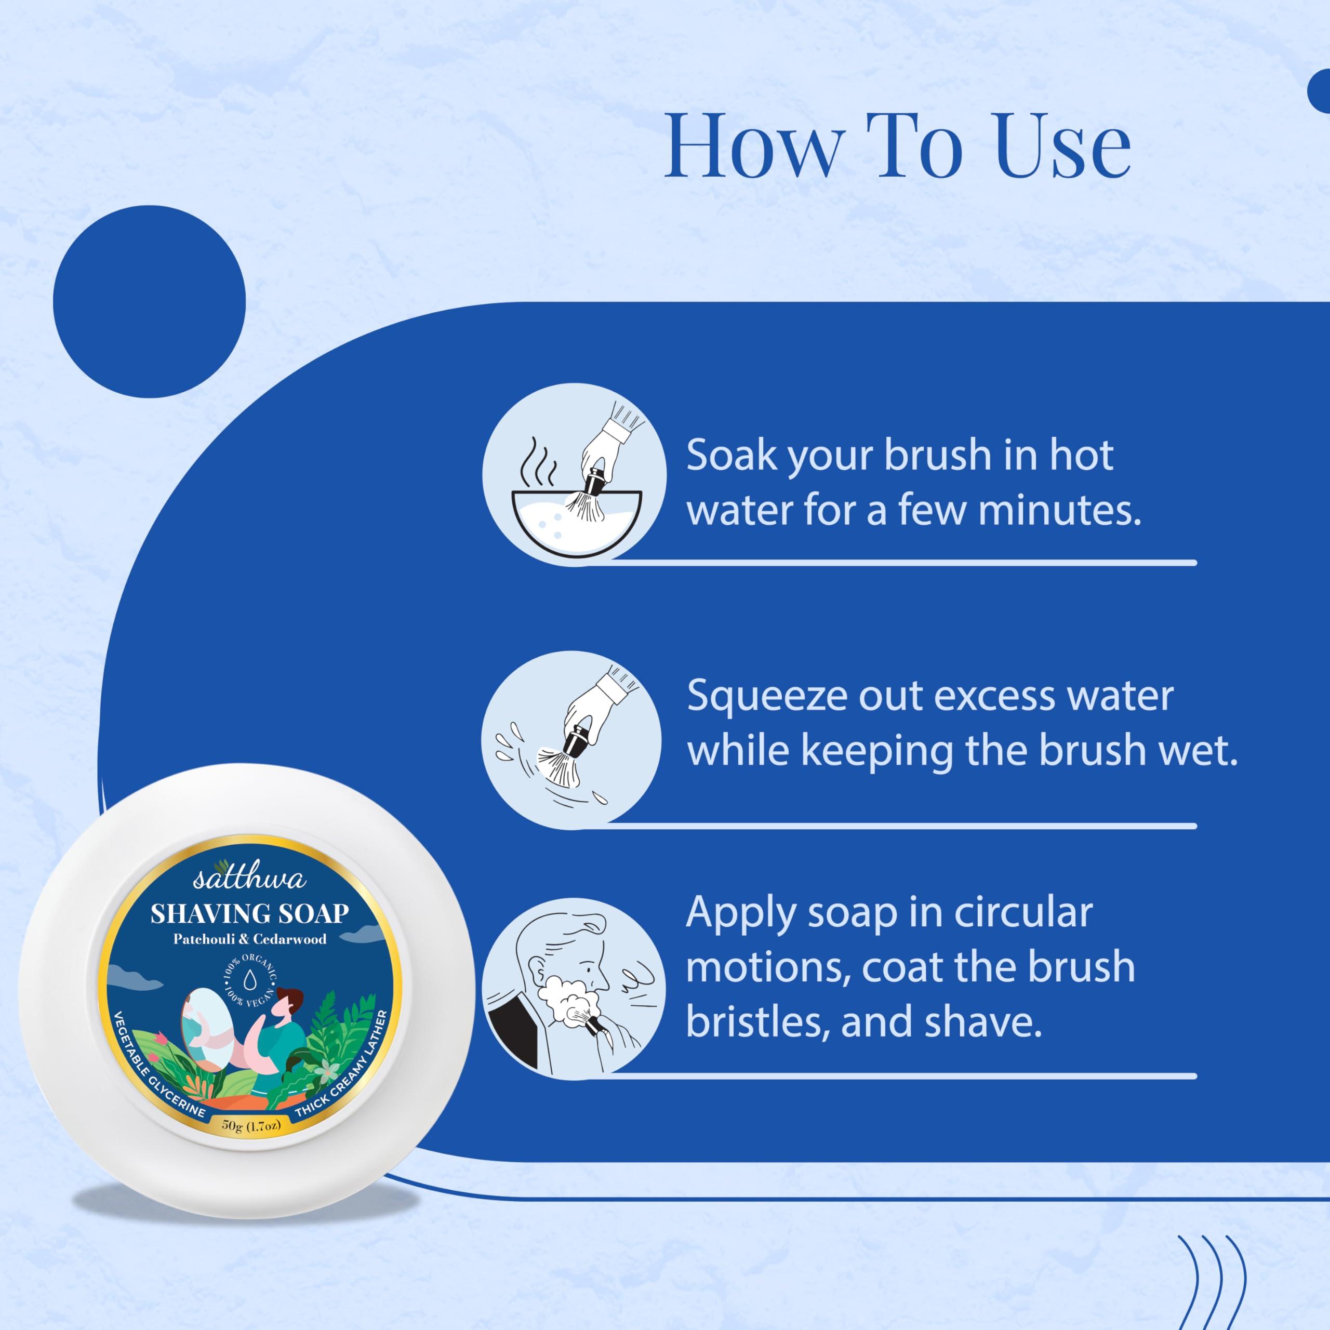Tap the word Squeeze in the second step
[766, 697]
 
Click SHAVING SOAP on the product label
[249, 913]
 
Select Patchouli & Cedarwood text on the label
[249, 939]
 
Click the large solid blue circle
[150, 301]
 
